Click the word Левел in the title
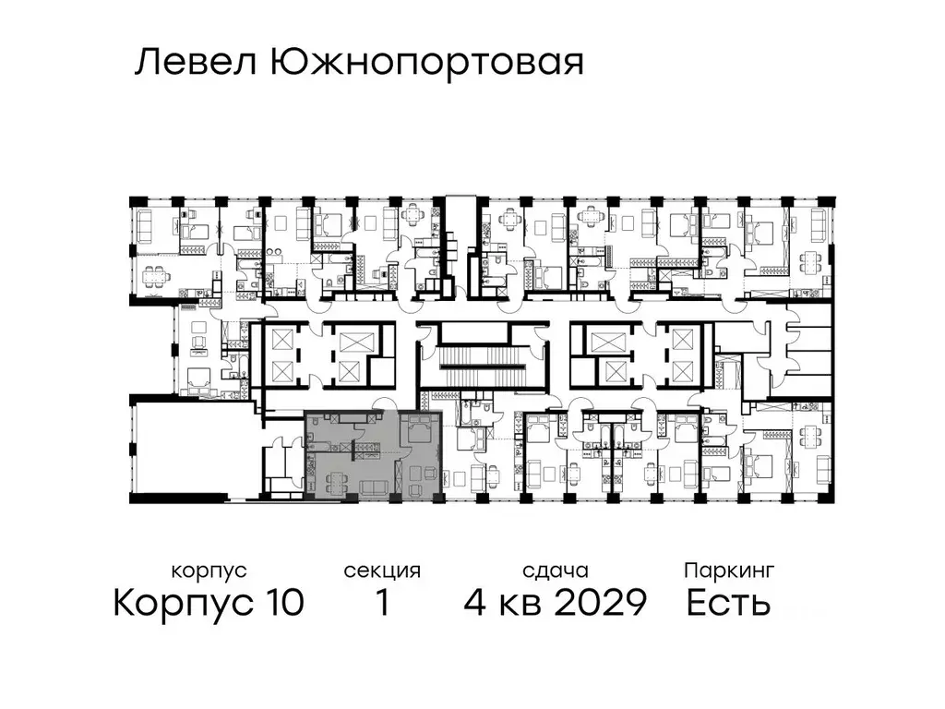197,64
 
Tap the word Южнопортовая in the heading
427,64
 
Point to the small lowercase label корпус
209,571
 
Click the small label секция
382,571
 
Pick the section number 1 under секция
381,603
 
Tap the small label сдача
554,571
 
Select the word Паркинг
729,570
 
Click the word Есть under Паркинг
729,603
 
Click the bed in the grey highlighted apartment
420,432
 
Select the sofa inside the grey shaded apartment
373,487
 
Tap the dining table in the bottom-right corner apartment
812,471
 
